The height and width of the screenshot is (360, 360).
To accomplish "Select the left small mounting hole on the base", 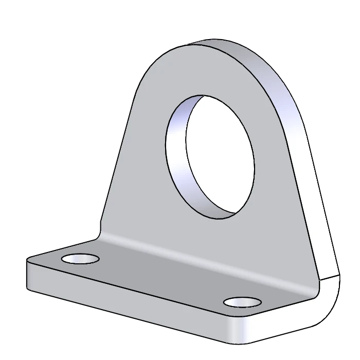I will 80,258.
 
